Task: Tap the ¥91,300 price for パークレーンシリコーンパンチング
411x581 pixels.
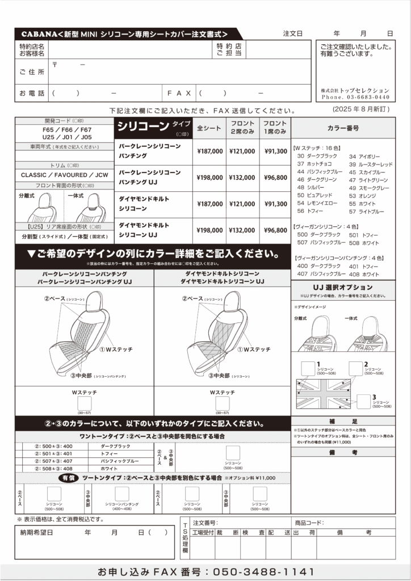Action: coord(276,151)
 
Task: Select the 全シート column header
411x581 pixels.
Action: coord(209,129)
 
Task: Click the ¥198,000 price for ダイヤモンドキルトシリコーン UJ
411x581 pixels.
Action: coord(209,230)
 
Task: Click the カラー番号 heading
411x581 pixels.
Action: coord(343,128)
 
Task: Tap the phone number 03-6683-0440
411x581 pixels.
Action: coord(363,97)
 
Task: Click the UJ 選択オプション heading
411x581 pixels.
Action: coord(343,288)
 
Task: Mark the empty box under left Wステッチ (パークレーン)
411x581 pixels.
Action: coord(85,403)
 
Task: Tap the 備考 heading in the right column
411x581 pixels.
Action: coord(343,452)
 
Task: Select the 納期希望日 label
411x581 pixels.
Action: coord(36,532)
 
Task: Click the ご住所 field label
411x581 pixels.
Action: coord(31,72)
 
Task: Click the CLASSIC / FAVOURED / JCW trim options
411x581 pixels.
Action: coord(64,175)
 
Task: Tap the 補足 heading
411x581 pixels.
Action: coord(343,423)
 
